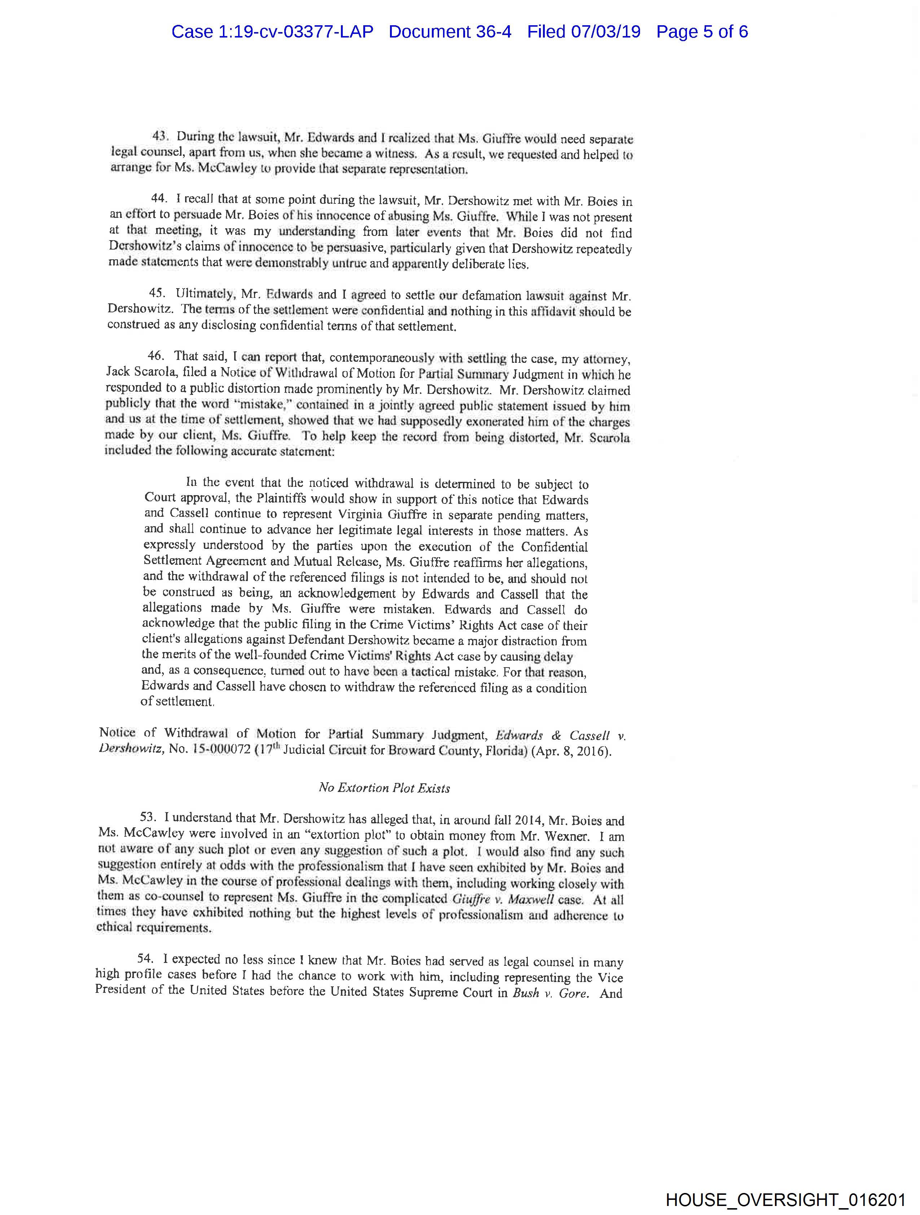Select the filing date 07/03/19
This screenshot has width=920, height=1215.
coord(606,32)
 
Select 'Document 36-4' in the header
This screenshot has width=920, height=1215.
coord(450,32)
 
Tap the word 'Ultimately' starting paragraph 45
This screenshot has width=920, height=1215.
coord(204,294)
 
